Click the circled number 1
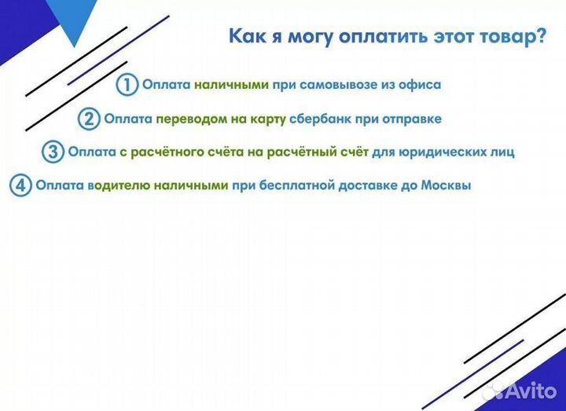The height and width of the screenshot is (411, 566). pyautogui.click(x=127, y=84)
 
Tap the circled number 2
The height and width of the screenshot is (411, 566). pyautogui.click(x=90, y=119)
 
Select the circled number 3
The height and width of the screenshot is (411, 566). pyautogui.click(x=53, y=152)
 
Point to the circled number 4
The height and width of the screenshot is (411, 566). pyautogui.click(x=21, y=186)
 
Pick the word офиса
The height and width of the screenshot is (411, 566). pyautogui.click(x=420, y=84)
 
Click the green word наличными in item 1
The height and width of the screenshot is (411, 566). pyautogui.click(x=233, y=84)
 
